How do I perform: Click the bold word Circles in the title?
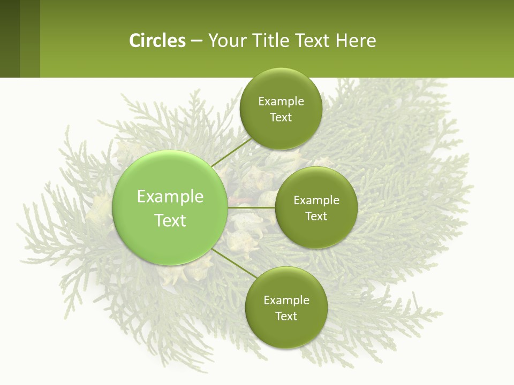tap(157, 41)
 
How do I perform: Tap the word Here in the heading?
tap(356, 41)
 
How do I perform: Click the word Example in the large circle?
tap(170, 197)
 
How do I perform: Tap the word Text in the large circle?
tap(170, 220)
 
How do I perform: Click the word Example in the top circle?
tap(281, 102)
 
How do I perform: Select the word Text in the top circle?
tap(281, 118)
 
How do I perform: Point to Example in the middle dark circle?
tap(316, 201)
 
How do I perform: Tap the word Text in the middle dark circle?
tap(316, 217)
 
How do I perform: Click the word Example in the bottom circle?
tap(286, 301)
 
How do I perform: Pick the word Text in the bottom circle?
tap(286, 317)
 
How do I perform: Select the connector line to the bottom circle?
tap(234, 264)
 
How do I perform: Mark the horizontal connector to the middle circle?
tap(251, 207)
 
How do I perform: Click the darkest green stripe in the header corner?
tap(10, 38)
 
